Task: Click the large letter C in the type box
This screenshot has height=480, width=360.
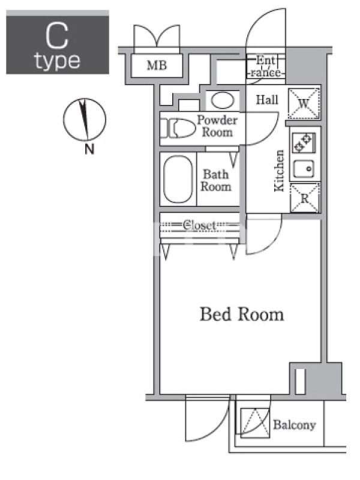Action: [57, 36]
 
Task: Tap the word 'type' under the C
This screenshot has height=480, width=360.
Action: [57, 61]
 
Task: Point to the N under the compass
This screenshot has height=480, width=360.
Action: [89, 149]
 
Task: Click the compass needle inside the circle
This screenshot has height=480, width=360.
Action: [83, 119]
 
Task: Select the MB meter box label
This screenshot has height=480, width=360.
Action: [157, 65]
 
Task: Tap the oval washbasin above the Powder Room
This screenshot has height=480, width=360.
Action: [223, 100]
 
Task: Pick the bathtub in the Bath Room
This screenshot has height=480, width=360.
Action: [178, 179]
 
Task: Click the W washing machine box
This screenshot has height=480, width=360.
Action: [304, 103]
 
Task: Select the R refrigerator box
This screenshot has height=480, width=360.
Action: [305, 198]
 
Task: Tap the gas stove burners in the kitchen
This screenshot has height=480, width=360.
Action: [304, 143]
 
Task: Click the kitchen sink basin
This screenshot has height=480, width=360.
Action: [304, 169]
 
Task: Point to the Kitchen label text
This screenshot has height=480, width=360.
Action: [279, 171]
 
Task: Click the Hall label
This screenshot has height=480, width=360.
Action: [267, 100]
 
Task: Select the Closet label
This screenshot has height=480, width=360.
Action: [199, 226]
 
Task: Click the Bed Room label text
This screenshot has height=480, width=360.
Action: [242, 314]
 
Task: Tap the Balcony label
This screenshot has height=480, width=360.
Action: [294, 425]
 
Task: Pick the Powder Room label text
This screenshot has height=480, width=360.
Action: [217, 126]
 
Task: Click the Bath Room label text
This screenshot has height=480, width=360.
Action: [216, 181]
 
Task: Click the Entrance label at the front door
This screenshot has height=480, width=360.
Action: [266, 66]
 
